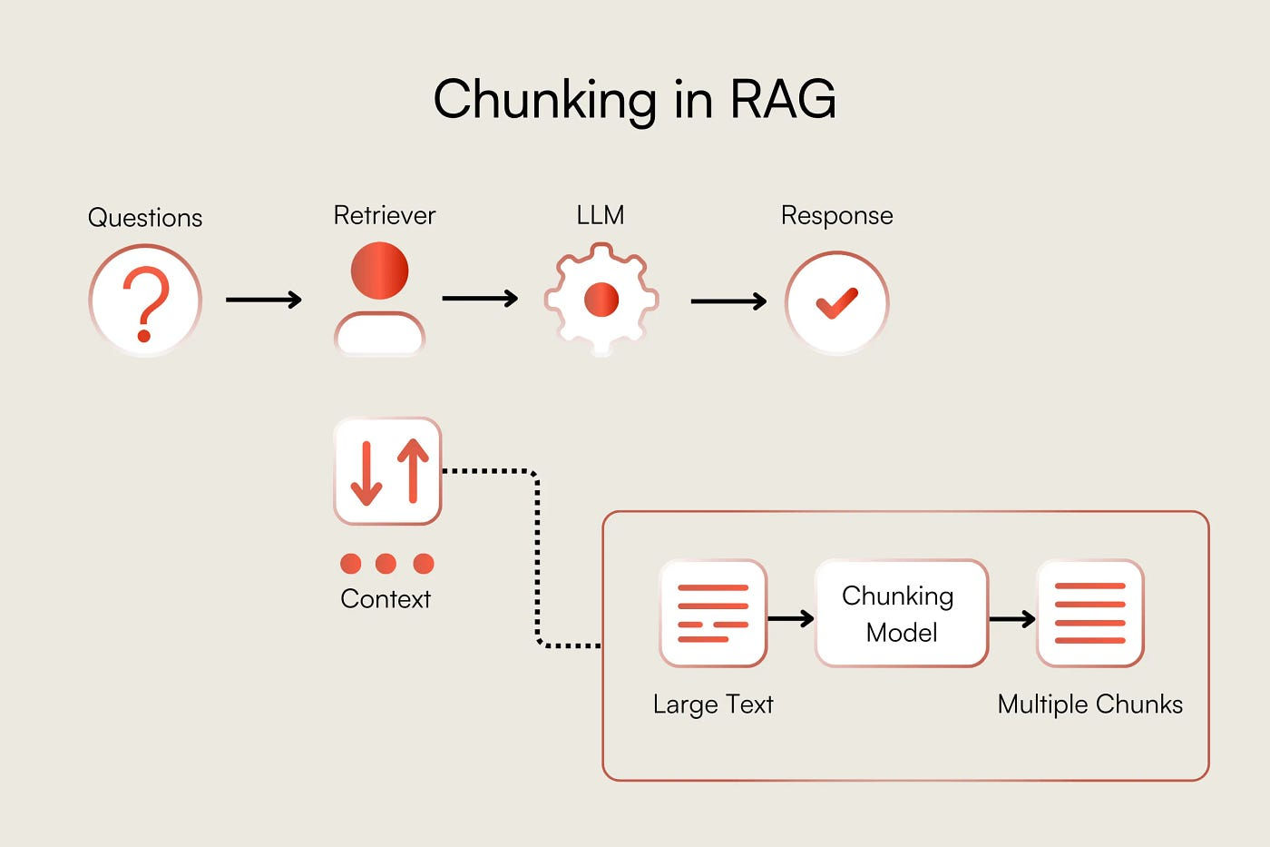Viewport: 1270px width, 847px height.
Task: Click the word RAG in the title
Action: coord(783,99)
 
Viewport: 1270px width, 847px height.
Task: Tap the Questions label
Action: coord(145,218)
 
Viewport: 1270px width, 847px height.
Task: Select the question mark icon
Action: coord(145,300)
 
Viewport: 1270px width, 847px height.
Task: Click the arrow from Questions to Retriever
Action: coord(264,299)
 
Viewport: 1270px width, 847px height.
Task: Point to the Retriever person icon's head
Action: coord(380,271)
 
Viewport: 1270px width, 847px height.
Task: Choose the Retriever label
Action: coord(385,215)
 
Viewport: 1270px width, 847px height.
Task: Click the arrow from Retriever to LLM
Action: coord(480,298)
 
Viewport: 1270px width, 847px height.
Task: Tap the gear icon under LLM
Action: coord(601,299)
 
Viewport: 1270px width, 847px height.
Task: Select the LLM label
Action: coord(601,215)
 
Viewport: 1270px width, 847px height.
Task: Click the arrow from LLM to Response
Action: coord(728,301)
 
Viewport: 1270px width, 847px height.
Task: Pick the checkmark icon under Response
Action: coord(836,303)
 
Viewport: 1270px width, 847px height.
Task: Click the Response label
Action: coord(836,216)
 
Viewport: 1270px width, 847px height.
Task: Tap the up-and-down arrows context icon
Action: coord(388,471)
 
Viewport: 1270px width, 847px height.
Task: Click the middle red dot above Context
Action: coord(386,564)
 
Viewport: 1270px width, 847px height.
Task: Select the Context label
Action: coord(386,599)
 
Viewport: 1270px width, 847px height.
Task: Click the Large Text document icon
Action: coord(713,614)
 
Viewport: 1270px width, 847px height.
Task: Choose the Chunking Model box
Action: coord(902,614)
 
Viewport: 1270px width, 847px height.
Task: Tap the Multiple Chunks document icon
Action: coord(1090,614)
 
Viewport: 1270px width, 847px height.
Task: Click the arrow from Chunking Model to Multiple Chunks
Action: coord(1012,619)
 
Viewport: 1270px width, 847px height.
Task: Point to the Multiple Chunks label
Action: coord(1090,704)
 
